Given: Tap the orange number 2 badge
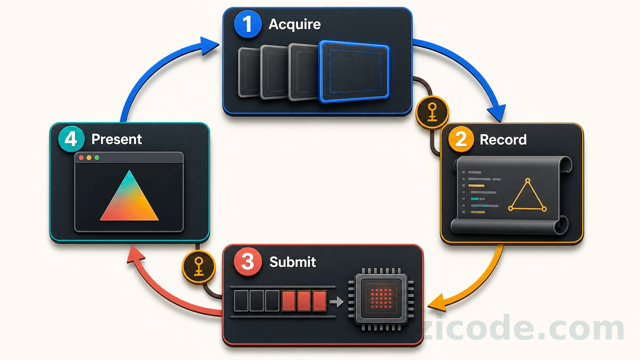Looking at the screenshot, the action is [461, 139].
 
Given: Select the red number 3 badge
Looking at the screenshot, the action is [248, 261].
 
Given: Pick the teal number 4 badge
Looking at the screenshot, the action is [71, 139].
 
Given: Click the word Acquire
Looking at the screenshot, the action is [294, 25].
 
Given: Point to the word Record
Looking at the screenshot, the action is [503, 140].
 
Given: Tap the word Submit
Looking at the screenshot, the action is [293, 262].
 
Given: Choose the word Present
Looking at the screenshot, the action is [117, 139].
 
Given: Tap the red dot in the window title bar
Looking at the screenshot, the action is [81, 158].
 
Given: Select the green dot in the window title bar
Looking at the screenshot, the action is [97, 158].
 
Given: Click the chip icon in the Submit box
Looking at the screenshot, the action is [381, 299].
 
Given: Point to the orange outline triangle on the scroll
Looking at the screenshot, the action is [528, 197].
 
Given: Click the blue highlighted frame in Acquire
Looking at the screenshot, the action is [354, 71].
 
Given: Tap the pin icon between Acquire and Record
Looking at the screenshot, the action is [432, 113].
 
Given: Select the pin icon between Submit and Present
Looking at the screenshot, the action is [198, 267].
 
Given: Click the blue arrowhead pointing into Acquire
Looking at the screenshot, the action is [209, 46].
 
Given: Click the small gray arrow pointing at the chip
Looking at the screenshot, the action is [336, 302].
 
